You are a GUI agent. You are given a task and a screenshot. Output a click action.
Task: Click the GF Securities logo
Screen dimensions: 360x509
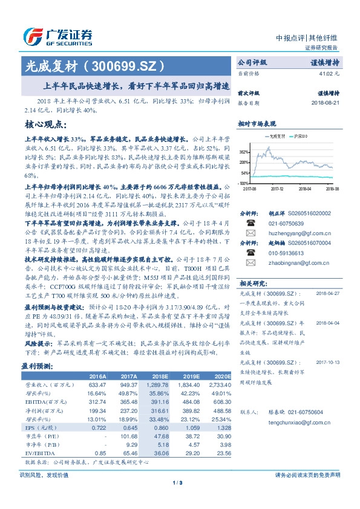pos(57,34)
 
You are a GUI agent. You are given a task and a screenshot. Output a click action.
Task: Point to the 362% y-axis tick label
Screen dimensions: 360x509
pos(244,151)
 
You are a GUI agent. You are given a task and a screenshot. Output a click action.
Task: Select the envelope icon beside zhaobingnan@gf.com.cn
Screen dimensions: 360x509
pos(249,263)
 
